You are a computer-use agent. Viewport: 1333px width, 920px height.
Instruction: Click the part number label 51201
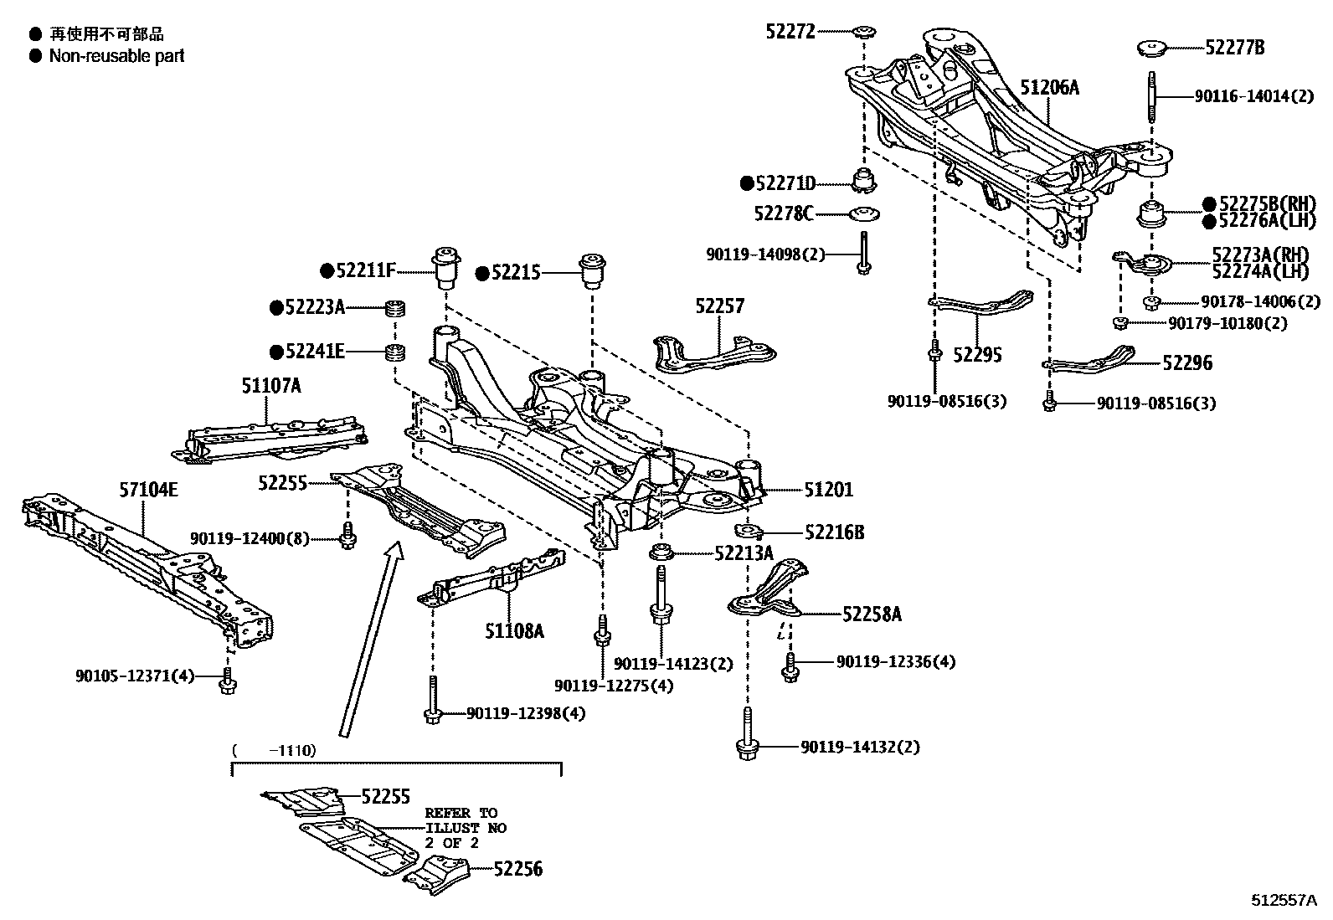click(828, 490)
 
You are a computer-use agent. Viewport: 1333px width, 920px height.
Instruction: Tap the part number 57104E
click(147, 490)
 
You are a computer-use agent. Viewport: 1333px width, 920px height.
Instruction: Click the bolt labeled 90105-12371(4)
click(227, 684)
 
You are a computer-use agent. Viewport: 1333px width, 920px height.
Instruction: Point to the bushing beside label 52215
click(593, 270)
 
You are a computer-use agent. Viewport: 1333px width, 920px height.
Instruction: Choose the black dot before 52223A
click(275, 307)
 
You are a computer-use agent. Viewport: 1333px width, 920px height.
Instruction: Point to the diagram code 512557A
click(1284, 901)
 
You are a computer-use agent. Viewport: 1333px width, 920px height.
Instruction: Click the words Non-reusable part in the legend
click(116, 56)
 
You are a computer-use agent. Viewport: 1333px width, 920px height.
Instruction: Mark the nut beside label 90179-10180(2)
click(1119, 323)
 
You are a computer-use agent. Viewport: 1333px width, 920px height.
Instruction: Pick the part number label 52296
click(1186, 363)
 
